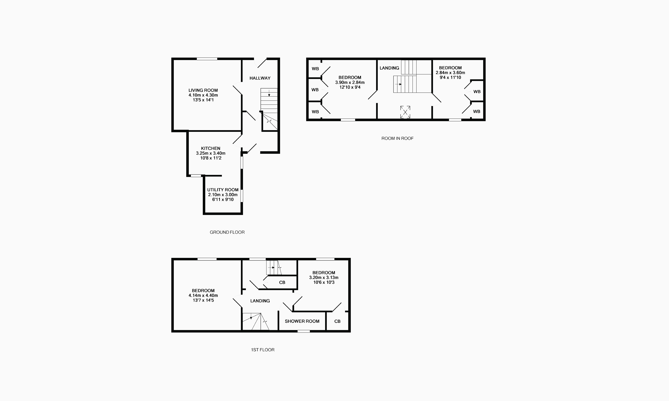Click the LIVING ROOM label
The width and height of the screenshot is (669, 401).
[203, 90]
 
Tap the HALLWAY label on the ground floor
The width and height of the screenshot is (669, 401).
[260, 78]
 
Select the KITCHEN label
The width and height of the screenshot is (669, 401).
[211, 148]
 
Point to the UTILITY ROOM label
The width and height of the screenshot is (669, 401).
[223, 190]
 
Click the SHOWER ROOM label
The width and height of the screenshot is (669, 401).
[302, 321]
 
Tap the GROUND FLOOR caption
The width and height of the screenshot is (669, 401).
[227, 232]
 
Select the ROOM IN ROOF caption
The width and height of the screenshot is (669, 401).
[397, 138]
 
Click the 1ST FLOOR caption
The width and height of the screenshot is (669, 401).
[263, 350]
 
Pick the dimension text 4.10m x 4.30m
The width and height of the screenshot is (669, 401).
[203, 95]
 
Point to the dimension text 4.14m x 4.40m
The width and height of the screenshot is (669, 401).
[203, 295]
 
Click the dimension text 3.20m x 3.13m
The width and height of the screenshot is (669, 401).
[324, 278]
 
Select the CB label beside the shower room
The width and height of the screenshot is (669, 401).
[337, 321]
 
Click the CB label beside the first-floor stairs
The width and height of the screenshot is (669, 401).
[282, 282]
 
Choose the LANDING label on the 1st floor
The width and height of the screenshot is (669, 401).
[260, 301]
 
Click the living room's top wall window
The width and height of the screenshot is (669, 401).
[207, 59]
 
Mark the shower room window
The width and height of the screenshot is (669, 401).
[304, 331]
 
